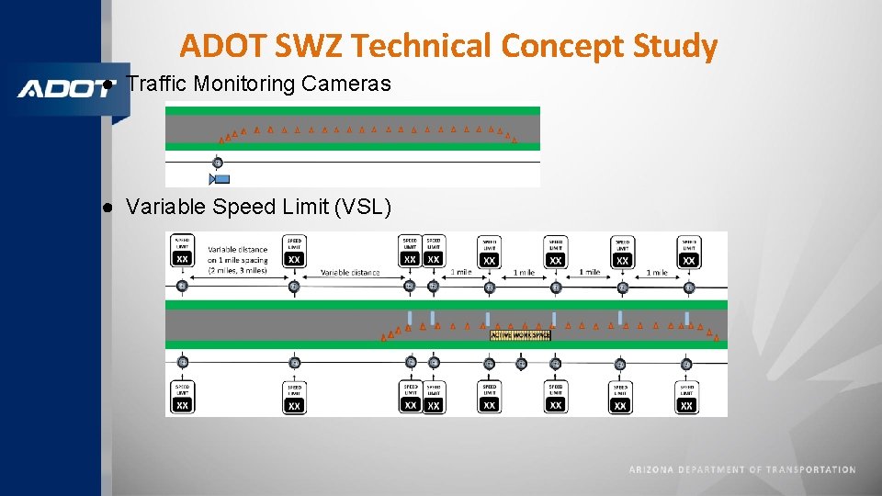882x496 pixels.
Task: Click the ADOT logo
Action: (62, 89)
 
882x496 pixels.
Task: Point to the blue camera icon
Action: (220, 179)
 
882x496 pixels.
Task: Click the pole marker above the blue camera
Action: (218, 163)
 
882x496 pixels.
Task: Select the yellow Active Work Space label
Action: (520, 335)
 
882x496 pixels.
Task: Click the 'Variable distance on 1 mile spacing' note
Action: (237, 260)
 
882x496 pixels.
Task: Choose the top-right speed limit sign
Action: (688, 252)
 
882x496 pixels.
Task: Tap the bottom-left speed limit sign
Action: (182, 397)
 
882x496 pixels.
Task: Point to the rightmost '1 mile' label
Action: (656, 273)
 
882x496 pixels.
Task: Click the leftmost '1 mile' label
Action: (460, 273)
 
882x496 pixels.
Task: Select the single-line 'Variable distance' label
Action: (350, 273)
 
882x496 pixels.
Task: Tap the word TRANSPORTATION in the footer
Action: (810, 470)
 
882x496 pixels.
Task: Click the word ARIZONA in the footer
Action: (651, 470)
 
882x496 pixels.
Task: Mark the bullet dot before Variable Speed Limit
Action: (107, 207)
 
